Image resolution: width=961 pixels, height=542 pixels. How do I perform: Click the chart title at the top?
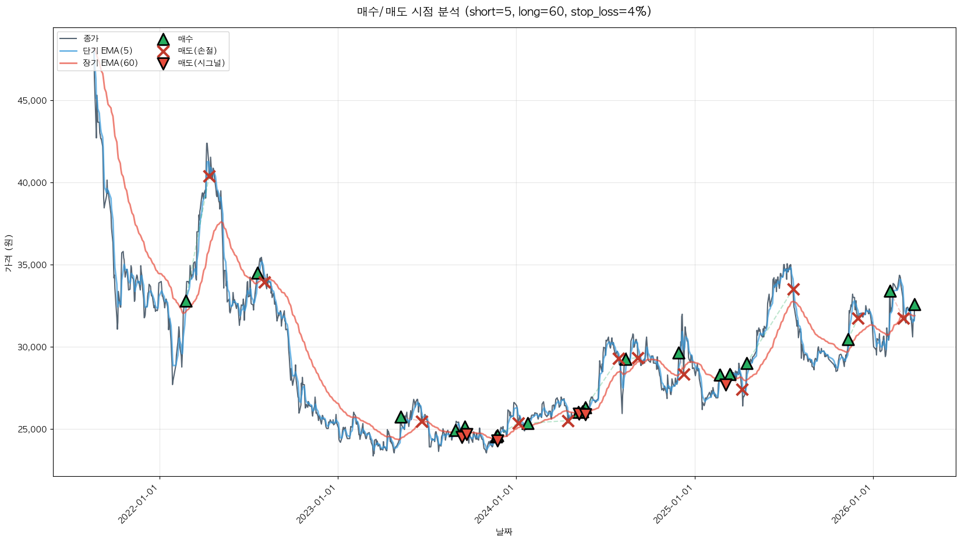coord(504,12)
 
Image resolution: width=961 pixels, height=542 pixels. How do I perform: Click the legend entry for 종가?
coord(91,39)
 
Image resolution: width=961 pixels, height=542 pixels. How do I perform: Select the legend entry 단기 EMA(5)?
coord(107,51)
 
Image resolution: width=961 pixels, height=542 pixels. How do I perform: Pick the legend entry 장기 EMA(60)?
coord(110,63)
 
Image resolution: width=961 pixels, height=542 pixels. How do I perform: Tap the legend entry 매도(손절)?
coord(197,51)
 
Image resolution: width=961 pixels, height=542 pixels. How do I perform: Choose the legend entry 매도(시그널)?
coord(201,63)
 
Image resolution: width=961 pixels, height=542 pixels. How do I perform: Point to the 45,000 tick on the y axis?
coord(33,101)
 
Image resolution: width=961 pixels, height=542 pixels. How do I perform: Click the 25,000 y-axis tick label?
coord(33,430)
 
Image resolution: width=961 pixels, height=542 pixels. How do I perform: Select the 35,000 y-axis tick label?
coord(33,265)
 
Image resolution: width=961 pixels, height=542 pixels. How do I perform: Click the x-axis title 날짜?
coord(504,532)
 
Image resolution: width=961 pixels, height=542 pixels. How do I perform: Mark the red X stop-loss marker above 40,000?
coord(209,176)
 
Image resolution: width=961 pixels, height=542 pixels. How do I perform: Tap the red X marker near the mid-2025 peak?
coord(793,289)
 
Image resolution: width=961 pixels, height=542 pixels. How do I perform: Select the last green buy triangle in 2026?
coord(914,305)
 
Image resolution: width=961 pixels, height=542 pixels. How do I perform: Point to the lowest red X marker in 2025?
coord(741,389)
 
